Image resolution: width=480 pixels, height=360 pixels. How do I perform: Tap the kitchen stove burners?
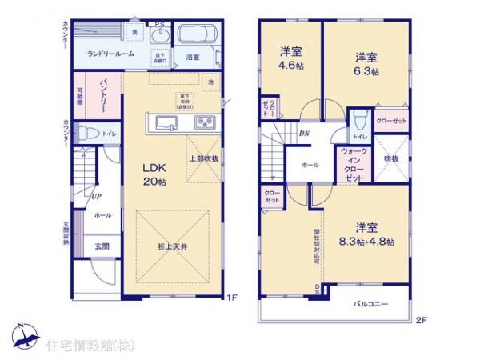point(204,122)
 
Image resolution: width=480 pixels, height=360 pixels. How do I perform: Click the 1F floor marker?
point(231,298)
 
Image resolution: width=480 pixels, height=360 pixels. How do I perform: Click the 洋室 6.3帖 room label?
point(366,63)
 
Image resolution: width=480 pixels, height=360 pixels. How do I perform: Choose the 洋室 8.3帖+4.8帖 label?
point(366,234)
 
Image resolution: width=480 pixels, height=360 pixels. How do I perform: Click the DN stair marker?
point(304,134)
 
